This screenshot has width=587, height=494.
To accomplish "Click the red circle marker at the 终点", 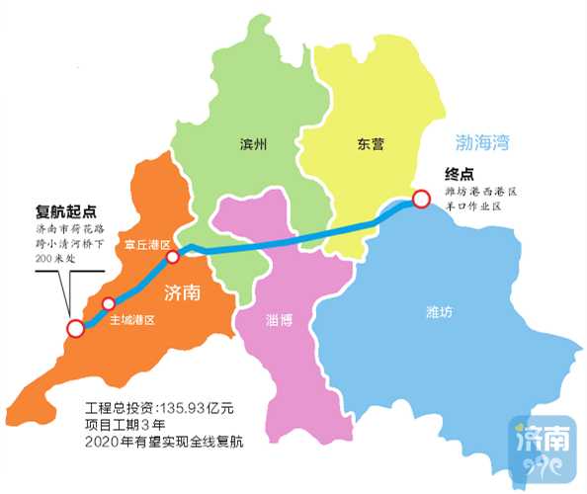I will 421,200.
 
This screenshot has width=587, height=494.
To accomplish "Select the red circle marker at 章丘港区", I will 172,257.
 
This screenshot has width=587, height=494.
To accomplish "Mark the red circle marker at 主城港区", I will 109,303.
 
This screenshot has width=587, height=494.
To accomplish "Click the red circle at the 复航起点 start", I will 74,329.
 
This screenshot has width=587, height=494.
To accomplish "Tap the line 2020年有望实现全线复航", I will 164,440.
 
